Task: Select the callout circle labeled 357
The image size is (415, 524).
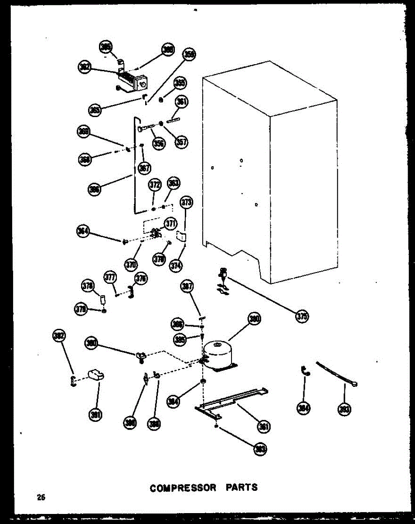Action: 181,142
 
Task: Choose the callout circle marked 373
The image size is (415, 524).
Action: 187,202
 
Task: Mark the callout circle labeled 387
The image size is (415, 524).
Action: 188,286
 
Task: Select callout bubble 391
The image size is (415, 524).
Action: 94,415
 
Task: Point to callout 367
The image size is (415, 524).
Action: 144,168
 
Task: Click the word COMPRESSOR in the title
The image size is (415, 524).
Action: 183,487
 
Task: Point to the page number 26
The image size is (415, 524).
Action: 41,497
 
